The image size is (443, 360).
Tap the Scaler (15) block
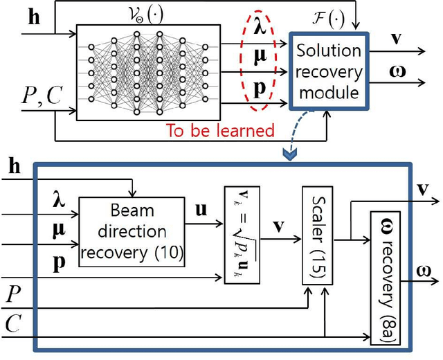click(x=317, y=235)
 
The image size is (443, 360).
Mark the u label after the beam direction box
click(x=202, y=208)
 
